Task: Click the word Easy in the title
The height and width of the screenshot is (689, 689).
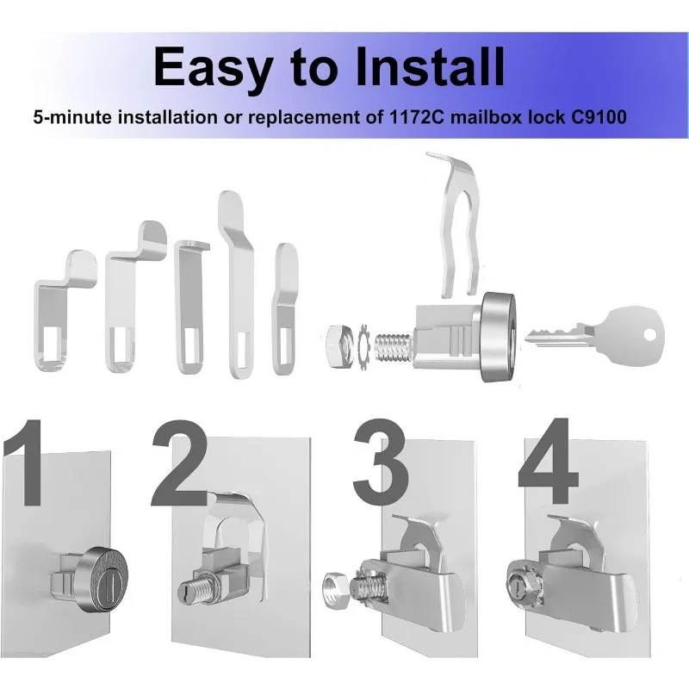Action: (x=210, y=66)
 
